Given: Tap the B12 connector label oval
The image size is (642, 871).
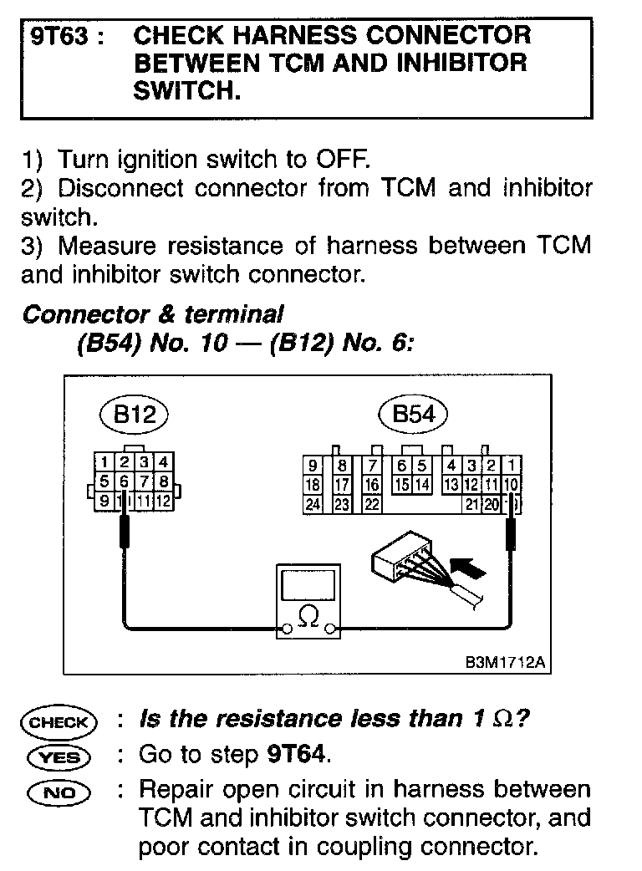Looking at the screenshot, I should point(134,415).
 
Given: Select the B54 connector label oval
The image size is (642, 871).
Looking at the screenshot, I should point(413,415).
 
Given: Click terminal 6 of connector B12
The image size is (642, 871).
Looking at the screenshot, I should point(124,481).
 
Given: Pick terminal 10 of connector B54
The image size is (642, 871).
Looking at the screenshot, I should point(511,485).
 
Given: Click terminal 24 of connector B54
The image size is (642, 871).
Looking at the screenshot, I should point(313,504).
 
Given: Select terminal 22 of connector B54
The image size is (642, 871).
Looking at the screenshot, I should point(372,504).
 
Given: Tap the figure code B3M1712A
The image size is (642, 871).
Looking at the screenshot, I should point(505,663).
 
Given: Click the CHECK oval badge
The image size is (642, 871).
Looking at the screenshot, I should point(61,721).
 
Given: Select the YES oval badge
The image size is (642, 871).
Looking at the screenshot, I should point(61,756).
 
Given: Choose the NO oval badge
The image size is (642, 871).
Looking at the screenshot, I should point(61,792).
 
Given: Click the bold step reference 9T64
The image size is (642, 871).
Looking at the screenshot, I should point(296,755).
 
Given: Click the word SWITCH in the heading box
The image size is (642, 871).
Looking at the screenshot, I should point(186,91).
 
